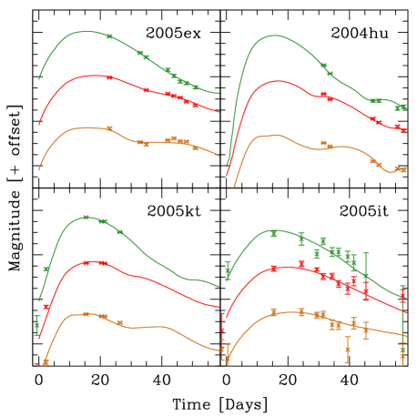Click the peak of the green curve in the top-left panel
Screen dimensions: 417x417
84,31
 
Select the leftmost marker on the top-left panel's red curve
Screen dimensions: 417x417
109,77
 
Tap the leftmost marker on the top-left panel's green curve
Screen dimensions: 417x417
109,36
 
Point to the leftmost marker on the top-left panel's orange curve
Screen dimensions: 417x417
109,128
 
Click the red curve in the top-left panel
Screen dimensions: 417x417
64,86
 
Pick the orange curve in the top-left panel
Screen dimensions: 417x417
64,136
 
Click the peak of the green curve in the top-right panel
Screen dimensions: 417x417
274,36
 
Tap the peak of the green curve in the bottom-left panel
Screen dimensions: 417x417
86,217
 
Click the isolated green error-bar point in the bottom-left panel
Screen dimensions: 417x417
37,325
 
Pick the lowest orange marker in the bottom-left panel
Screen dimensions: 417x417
46,362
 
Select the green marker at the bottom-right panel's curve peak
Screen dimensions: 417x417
273,233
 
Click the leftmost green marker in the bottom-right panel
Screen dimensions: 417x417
228,270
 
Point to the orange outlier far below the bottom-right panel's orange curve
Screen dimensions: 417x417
347,349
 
